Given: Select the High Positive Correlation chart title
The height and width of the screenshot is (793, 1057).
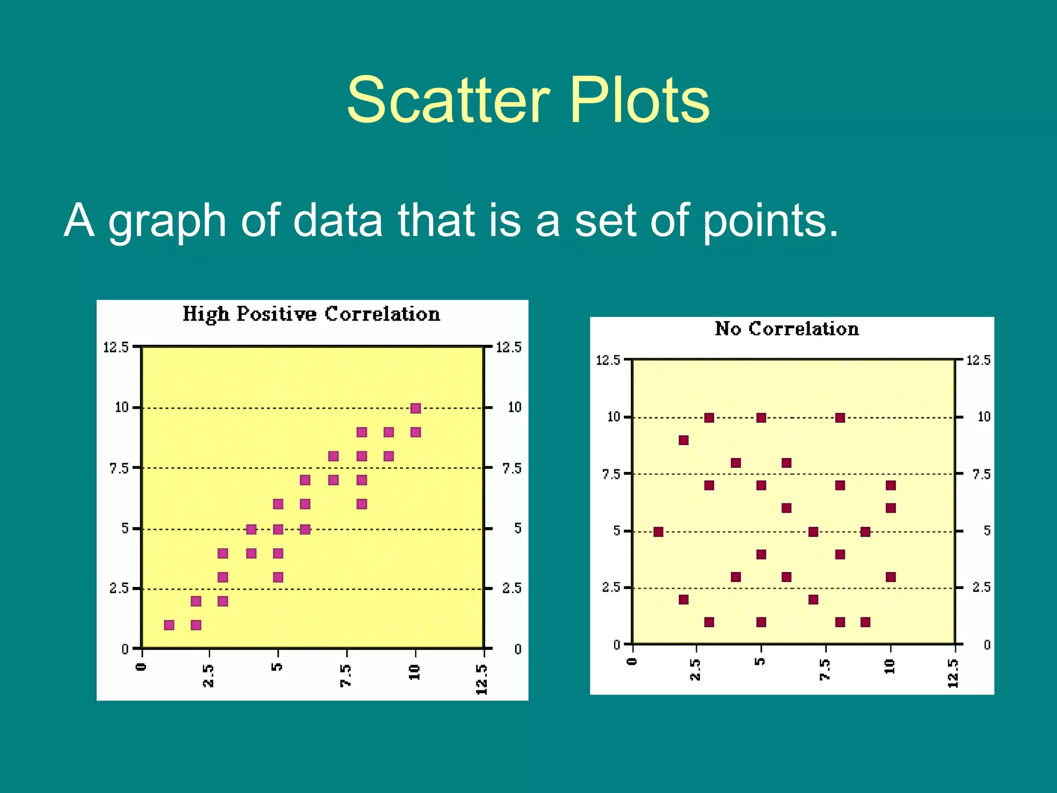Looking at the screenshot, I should pos(311,314).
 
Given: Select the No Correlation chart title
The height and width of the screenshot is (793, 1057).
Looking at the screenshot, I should pos(787,329).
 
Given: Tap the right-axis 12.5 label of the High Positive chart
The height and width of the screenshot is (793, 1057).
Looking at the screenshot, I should pos(508,347).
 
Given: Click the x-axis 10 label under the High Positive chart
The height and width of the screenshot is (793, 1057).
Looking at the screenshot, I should pos(414,672).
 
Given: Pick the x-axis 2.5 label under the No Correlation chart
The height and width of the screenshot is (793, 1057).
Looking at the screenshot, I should pos(695,670).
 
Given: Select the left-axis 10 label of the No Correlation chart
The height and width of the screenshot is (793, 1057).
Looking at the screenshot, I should pos(614,417).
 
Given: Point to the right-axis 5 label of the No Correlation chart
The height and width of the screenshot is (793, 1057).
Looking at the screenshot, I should pos(986,531).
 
